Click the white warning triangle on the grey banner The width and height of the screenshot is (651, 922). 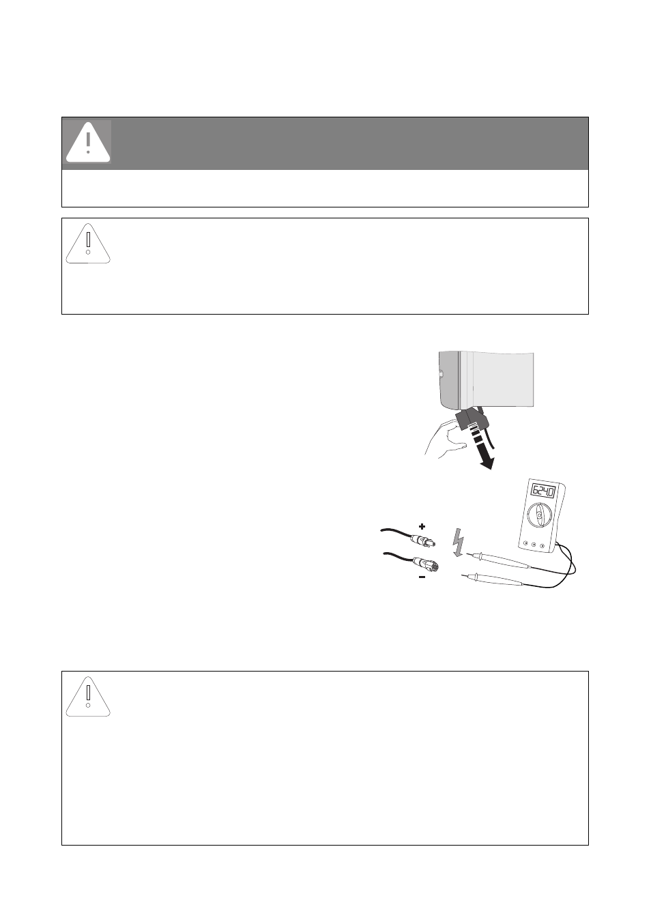point(88,142)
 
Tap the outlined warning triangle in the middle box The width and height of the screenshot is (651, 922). point(88,243)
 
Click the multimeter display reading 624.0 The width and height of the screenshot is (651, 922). point(543,491)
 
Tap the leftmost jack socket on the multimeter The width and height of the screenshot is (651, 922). point(525,544)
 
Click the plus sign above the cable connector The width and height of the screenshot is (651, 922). point(422,526)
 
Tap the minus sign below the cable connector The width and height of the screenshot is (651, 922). point(422,577)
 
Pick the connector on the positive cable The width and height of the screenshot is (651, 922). point(422,541)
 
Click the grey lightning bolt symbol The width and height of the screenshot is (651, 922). point(458,543)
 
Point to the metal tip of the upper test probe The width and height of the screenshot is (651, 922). point(470,554)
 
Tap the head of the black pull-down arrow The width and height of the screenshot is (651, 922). point(487,463)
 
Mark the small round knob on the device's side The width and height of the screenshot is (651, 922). point(441,375)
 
